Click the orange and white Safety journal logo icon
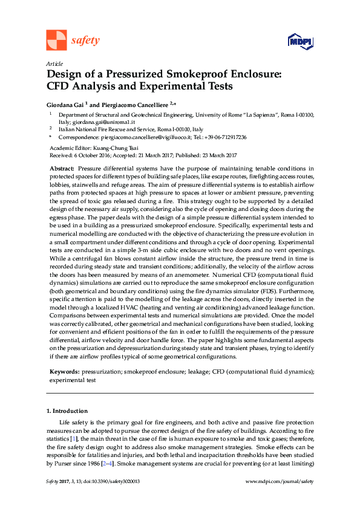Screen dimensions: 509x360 (56, 40)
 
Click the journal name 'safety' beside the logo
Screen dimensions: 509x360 (85, 41)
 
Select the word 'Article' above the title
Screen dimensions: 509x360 (54, 63)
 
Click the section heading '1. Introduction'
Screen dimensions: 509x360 (67, 411)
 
